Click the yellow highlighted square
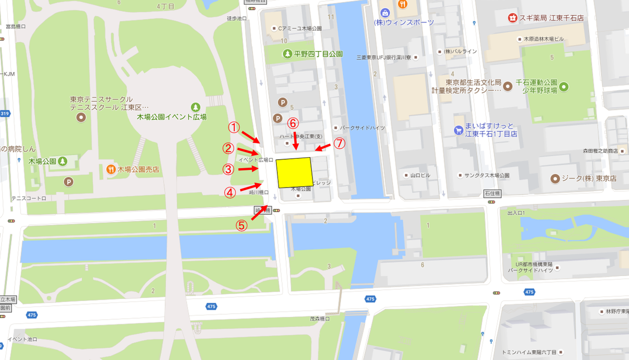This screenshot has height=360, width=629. (x=294, y=172)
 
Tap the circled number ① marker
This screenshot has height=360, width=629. (x=234, y=127)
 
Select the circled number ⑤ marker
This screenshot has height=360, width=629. (x=241, y=225)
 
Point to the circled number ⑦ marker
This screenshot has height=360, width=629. (x=340, y=143)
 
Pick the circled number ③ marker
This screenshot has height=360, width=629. (x=228, y=169)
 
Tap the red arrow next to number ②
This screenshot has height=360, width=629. (x=250, y=152)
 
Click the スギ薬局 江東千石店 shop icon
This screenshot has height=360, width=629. (x=513, y=18)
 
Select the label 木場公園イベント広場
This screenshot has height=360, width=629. (x=172, y=117)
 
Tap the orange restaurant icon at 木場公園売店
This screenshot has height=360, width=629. (x=111, y=169)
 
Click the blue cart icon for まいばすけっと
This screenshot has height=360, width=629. (x=458, y=130)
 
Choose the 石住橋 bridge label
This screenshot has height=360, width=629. (x=492, y=193)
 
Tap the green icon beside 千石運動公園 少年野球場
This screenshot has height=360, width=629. (x=564, y=87)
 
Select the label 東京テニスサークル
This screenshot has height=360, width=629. (x=102, y=99)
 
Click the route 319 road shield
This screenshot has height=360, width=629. (x=4, y=113)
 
